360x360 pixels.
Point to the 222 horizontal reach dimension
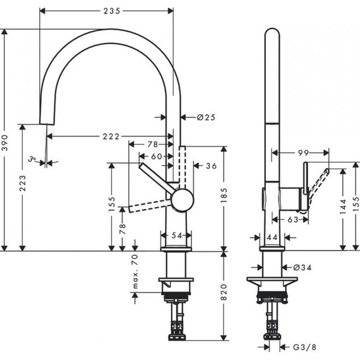click(109, 136)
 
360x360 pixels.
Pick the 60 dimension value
click(155, 156)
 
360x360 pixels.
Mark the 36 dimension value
click(211, 165)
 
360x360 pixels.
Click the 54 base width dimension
click(177, 236)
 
